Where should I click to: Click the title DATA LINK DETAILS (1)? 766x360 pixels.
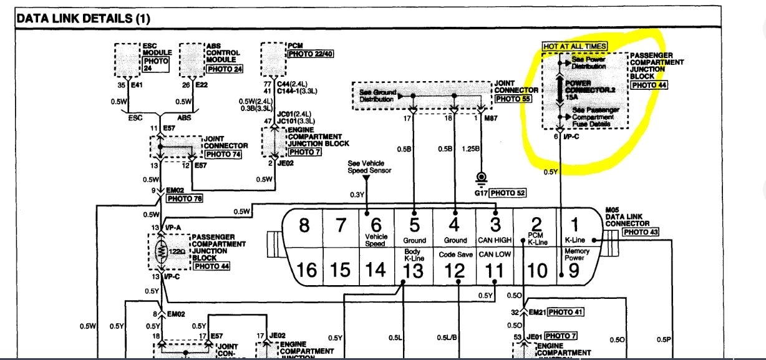(x=84, y=19)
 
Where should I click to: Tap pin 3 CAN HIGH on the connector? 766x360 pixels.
(x=494, y=228)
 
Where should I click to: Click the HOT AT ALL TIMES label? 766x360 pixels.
(x=574, y=46)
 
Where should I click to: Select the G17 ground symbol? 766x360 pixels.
(x=481, y=178)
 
